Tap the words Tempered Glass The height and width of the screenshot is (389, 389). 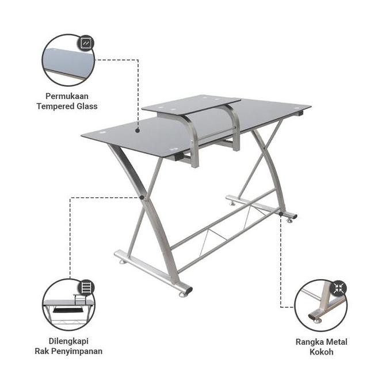click(68, 106)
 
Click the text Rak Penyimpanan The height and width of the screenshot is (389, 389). click(68, 351)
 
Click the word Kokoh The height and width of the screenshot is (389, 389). click(321, 352)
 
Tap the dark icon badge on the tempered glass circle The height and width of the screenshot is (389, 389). click(86, 43)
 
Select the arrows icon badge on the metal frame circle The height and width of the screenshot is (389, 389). click(338, 288)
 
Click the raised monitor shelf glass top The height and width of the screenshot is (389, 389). click(191, 104)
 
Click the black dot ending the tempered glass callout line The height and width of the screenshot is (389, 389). click(139, 130)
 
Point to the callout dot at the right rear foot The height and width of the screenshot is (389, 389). click(281, 214)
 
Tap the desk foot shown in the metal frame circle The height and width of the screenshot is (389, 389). click(316, 316)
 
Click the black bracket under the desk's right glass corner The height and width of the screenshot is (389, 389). click(298, 114)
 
